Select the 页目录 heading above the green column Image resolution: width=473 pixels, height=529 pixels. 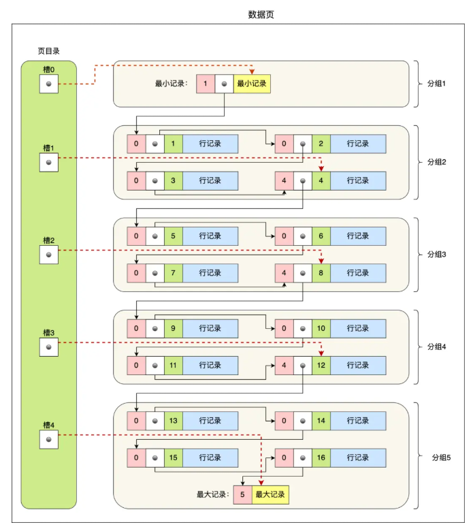49,51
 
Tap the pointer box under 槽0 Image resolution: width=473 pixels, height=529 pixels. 48,84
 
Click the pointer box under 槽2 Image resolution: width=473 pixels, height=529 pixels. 48,255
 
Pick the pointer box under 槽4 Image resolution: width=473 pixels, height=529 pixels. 48,439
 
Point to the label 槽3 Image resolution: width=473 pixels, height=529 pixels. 48,332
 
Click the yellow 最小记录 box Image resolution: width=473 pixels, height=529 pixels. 252,84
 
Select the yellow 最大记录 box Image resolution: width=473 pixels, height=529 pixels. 270,495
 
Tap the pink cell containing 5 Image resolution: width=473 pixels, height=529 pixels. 242,495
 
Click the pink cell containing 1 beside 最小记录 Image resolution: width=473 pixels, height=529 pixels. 206,84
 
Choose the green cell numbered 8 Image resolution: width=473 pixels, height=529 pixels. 321,273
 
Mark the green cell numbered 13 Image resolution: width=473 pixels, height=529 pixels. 174,421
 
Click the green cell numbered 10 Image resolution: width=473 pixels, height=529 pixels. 321,328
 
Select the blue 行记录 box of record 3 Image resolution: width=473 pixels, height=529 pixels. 210,180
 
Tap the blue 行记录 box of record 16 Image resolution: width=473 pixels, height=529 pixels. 357,458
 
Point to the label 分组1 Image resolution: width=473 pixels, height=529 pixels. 435,83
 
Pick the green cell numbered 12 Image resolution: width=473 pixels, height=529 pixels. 321,365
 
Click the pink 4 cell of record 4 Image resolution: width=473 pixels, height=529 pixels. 283,180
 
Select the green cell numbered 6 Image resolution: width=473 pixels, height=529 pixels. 321,236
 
